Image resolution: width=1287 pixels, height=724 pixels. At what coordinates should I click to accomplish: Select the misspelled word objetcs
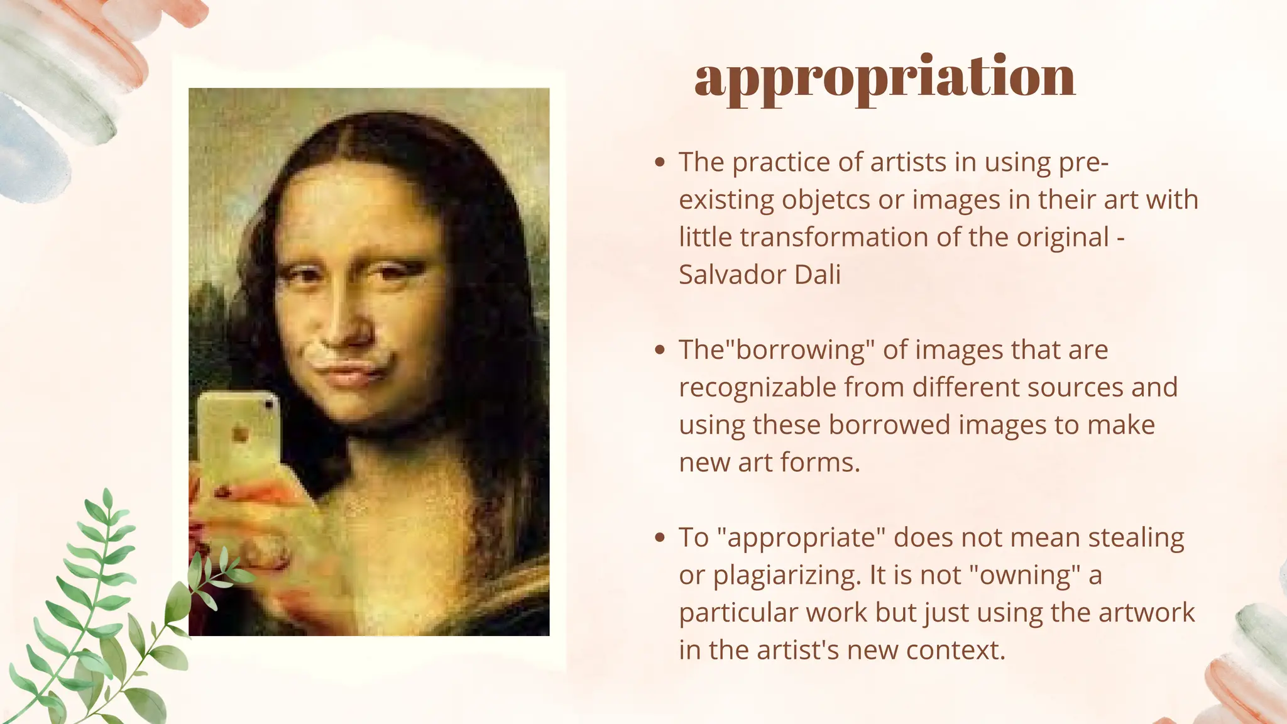(826, 200)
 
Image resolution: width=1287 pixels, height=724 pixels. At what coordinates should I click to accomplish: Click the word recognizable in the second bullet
(757, 388)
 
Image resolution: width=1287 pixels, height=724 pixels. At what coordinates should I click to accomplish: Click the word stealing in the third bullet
(1136, 538)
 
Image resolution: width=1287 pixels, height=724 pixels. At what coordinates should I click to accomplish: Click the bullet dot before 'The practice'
(659, 162)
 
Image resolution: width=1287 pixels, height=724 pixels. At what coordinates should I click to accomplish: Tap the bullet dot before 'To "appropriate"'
(659, 538)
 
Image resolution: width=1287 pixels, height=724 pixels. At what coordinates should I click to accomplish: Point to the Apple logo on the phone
(239, 434)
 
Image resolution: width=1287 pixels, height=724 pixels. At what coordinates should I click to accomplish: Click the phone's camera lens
(270, 405)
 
